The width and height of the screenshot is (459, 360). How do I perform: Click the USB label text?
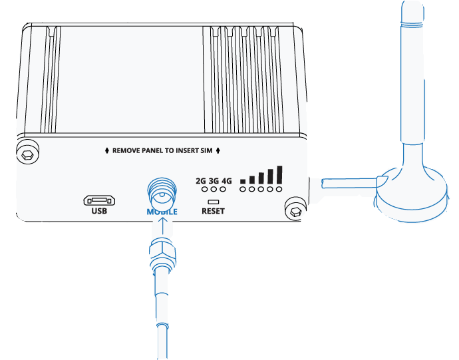[99, 211]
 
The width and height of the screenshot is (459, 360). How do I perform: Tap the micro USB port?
[99, 201]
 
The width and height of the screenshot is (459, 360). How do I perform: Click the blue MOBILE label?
[162, 212]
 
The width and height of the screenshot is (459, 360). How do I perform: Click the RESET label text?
[213, 211]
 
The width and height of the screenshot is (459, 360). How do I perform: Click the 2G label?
[201, 181]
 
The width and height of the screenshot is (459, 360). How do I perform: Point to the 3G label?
[214, 181]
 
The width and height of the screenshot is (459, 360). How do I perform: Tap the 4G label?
[227, 181]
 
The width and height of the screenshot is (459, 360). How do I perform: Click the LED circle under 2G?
[205, 189]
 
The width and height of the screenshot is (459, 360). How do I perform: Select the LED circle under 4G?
[223, 189]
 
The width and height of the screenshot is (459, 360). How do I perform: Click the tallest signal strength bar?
[279, 174]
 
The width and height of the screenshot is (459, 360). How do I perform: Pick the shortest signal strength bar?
[243, 181]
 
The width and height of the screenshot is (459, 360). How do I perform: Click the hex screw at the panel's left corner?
[28, 154]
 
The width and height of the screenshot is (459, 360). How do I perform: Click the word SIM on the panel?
[206, 150]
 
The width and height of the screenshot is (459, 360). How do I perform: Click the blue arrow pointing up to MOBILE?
[162, 228]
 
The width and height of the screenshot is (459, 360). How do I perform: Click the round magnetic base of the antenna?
[411, 196]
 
